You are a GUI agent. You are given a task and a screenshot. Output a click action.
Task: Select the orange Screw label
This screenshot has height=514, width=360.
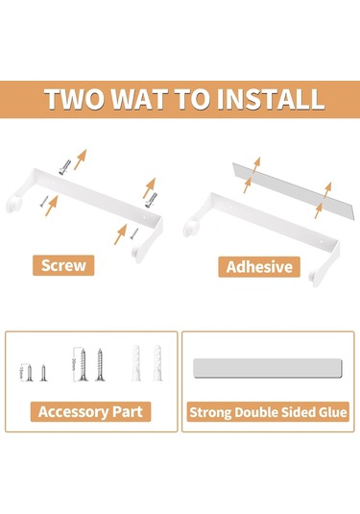tap(64, 265)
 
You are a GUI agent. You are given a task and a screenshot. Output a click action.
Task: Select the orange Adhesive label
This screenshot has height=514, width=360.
tap(258, 265)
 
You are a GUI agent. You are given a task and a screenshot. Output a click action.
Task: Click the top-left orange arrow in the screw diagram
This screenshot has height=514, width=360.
tap(82, 157)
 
